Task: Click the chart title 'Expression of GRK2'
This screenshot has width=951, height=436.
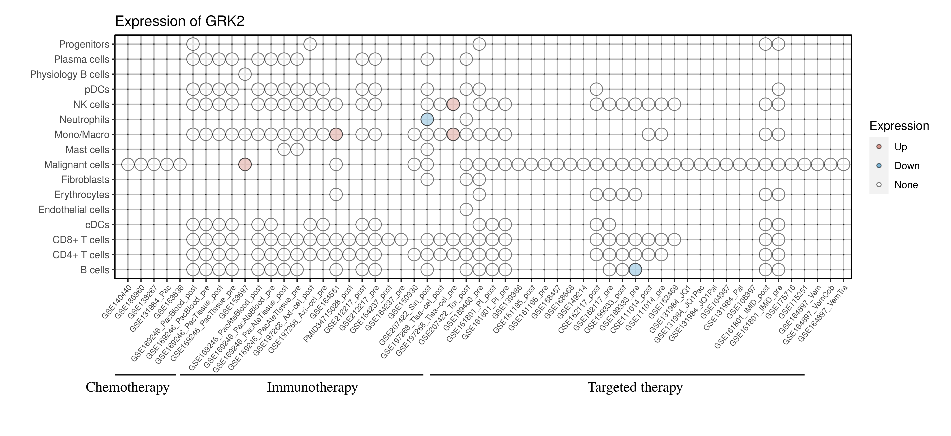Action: pos(180,21)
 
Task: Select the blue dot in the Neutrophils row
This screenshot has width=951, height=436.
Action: pos(427,119)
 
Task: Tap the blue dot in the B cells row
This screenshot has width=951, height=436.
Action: pos(635,270)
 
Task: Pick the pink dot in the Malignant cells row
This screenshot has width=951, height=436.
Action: pos(245,164)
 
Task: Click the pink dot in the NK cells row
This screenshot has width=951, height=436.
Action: pos(453,104)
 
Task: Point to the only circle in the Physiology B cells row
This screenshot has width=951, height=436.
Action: pos(245,74)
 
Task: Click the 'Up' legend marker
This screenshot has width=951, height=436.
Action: pos(879,147)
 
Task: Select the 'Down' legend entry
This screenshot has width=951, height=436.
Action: pos(906,166)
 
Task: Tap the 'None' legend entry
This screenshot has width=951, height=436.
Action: pos(906,185)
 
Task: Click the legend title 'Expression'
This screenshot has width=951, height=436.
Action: pos(899,126)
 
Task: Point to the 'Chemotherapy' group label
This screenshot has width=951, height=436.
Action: pos(127,387)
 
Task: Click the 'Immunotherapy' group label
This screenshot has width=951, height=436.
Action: pos(312,387)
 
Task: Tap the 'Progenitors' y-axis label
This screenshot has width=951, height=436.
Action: pos(84,44)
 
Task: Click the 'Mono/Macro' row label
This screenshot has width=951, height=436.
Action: pos(82,135)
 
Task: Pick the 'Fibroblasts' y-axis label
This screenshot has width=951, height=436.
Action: pos(85,180)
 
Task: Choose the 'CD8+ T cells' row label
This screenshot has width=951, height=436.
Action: pos(81,240)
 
